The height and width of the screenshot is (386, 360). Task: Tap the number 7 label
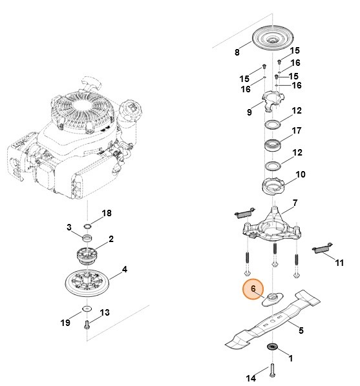tap(294, 203)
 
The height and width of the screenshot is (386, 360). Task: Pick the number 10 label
tap(301, 174)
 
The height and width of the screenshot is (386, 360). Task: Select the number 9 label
tap(249, 112)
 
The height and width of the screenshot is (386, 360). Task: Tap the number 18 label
tap(107, 212)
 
